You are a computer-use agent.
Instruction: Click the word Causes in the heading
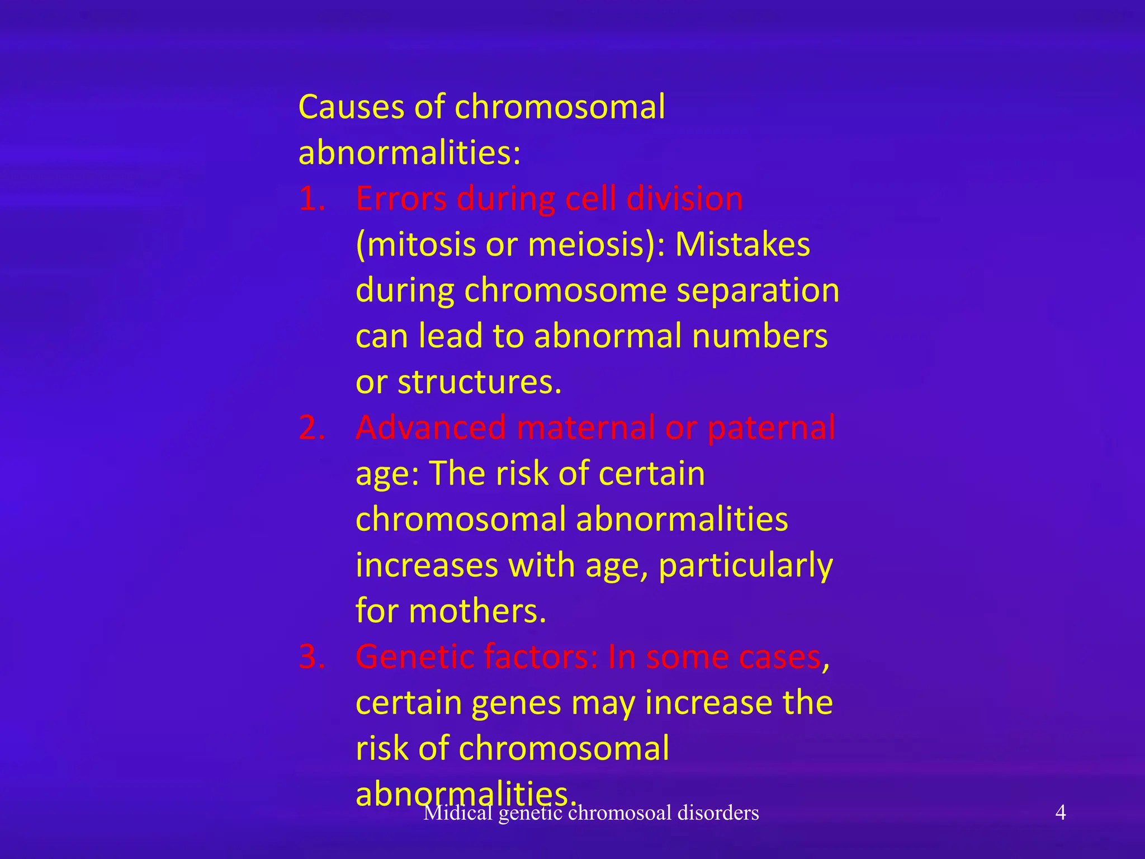point(350,107)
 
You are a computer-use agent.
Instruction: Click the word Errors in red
point(401,199)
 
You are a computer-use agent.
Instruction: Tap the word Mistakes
point(742,245)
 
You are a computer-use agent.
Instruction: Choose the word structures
point(479,383)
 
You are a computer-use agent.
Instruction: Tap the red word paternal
point(772,428)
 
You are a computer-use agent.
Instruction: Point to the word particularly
point(746,566)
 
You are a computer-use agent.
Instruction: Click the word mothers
point(477,611)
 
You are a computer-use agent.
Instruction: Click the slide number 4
point(1060,813)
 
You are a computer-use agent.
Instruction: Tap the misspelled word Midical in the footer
point(457,813)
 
